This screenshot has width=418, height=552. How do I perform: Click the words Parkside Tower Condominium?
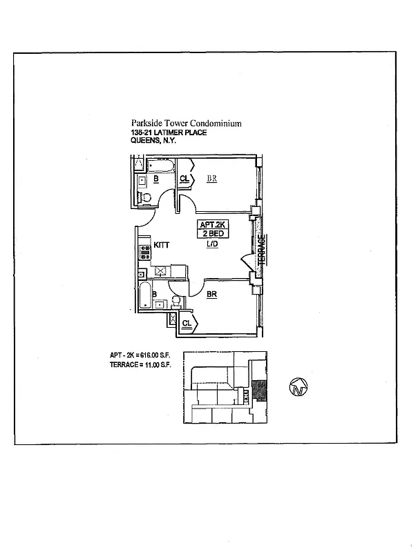[x=186, y=124]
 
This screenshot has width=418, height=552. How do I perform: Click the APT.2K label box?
[x=213, y=224]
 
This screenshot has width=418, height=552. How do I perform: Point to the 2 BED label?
[x=213, y=235]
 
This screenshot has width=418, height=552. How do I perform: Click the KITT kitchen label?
[x=162, y=245]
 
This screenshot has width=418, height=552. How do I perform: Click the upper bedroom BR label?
[x=213, y=178]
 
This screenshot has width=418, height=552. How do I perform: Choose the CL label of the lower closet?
[x=187, y=323]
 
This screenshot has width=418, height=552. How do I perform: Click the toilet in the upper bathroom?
[x=144, y=197]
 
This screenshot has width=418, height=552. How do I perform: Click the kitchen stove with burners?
[x=145, y=251]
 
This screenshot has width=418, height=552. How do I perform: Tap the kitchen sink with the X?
[x=160, y=271]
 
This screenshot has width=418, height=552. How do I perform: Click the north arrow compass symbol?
[x=298, y=388]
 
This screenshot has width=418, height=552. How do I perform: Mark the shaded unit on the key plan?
[x=259, y=391]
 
